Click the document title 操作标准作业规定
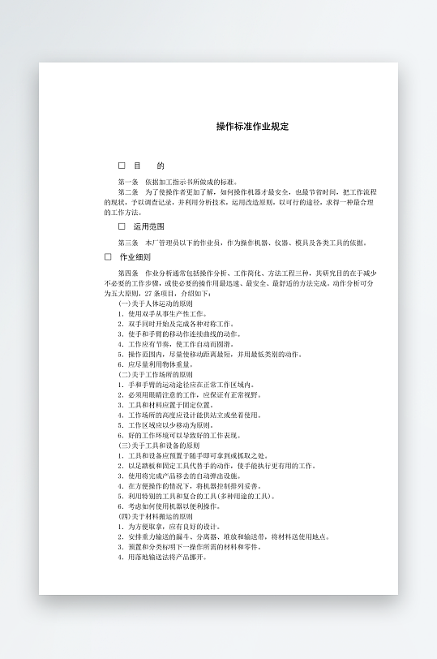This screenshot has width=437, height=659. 252,127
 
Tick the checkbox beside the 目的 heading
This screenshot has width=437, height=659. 122,165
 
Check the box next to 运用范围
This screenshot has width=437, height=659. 122,226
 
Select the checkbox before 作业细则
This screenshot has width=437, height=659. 108,256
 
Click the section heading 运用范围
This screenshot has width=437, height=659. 148,226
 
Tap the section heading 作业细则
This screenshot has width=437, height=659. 135,256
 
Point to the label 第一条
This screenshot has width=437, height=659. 128,182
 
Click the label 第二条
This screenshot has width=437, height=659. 128,192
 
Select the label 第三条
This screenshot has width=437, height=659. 128,242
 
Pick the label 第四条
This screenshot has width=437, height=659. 128,274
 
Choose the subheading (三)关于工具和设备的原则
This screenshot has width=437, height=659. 159,445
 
